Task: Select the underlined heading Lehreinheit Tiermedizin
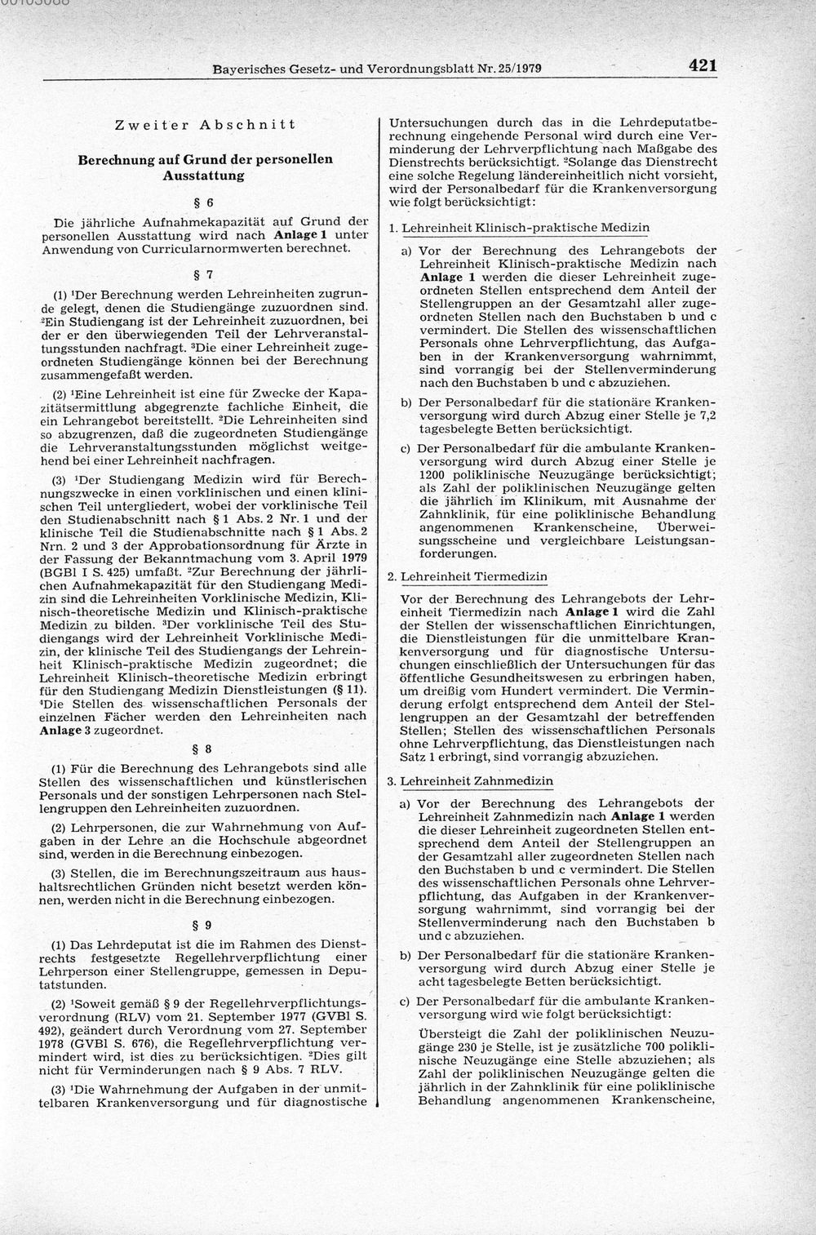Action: pyautogui.click(x=474, y=576)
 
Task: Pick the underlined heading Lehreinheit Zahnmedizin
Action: pyautogui.click(x=477, y=781)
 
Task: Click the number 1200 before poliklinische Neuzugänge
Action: pyautogui.click(x=435, y=473)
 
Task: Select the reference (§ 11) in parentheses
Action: pyautogui.click(x=349, y=691)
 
